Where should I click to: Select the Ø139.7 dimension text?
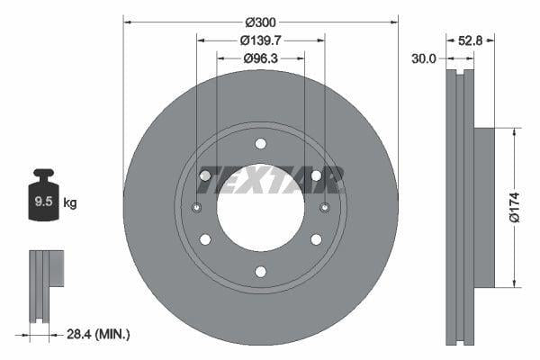coord(260,40)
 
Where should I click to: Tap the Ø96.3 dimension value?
coord(260,58)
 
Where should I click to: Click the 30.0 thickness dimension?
coord(423,58)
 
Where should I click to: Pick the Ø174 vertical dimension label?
coord(513,207)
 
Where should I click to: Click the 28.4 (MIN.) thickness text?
coord(99,334)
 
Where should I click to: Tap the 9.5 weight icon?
coord(43,202)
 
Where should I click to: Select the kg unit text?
coord(69,203)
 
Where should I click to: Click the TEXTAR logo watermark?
coord(270,181)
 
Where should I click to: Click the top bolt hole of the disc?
coord(260,144)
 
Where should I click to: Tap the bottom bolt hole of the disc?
coord(260,272)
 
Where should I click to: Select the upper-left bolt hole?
coord(205,175)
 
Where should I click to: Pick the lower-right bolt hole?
coord(316,239)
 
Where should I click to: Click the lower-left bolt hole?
coord(205,239)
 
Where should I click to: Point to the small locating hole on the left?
coord(197,208)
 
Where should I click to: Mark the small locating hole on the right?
coord(324,208)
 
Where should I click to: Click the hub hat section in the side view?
coord(484,207)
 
